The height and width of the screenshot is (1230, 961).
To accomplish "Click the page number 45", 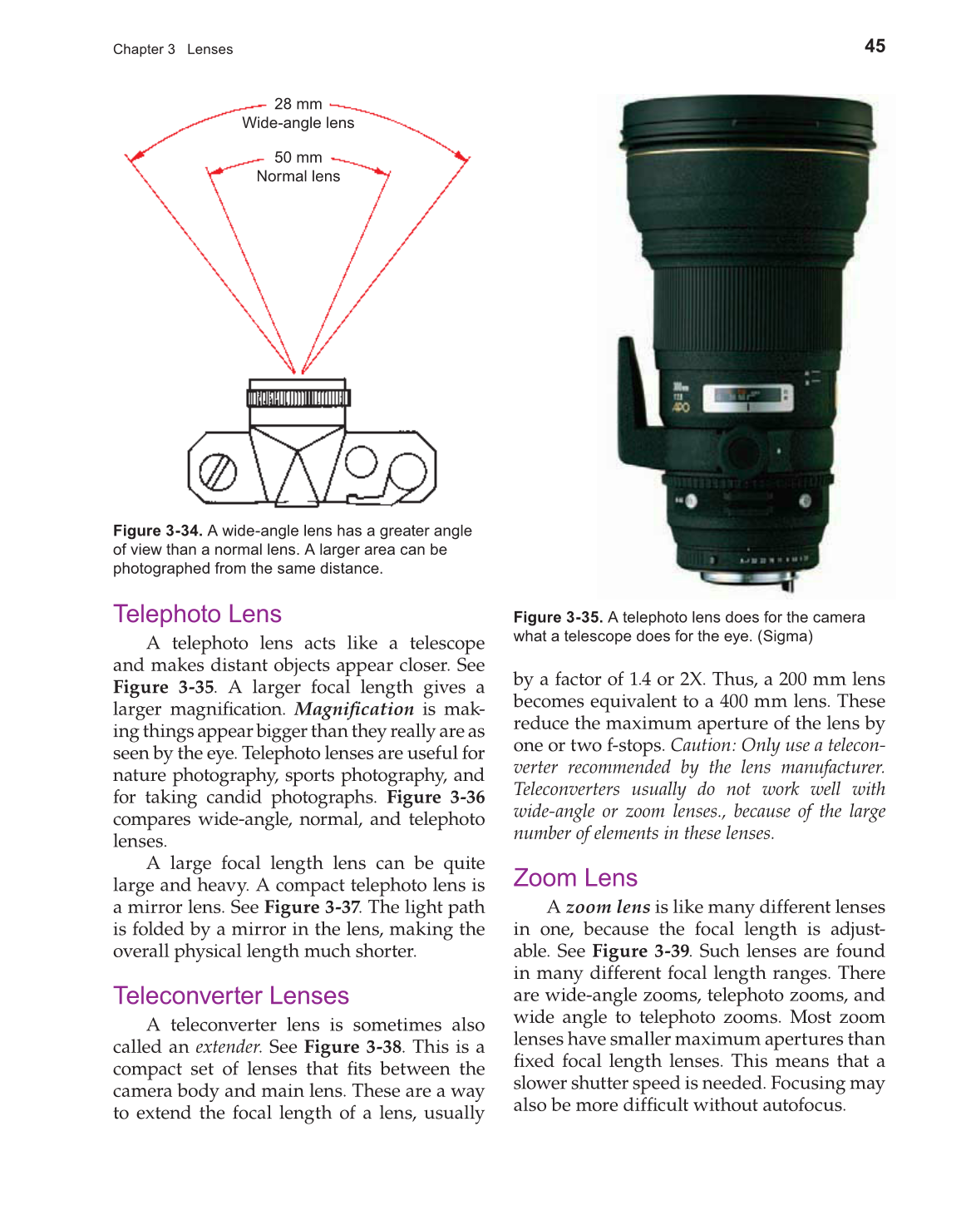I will (x=875, y=47).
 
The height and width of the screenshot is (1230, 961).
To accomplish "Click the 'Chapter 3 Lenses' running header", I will (x=173, y=50).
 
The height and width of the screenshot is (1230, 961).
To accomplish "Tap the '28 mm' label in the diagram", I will (x=298, y=105).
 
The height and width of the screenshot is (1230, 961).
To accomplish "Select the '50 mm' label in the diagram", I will (x=298, y=158).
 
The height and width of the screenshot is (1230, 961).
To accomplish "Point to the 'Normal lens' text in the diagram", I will (x=298, y=176).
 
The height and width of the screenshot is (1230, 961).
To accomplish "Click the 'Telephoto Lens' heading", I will (x=197, y=614).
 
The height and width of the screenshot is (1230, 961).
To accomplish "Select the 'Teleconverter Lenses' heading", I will (x=230, y=995).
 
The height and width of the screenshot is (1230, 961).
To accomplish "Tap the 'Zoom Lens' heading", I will (x=574, y=877).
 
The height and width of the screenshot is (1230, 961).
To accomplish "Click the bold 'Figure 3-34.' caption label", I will (x=157, y=531).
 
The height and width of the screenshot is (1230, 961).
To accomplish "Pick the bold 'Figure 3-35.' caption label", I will (x=558, y=618).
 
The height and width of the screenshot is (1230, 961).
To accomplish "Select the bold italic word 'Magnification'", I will (x=354, y=709).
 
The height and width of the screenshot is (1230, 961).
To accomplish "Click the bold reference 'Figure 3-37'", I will (x=312, y=907).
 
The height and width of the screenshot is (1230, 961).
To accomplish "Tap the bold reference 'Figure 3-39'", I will (x=640, y=951).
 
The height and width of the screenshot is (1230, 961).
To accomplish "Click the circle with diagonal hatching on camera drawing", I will (x=218, y=472).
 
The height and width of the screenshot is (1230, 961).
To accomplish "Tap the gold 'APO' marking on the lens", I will (x=680, y=408).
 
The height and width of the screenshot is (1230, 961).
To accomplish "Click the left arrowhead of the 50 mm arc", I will (x=214, y=172).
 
